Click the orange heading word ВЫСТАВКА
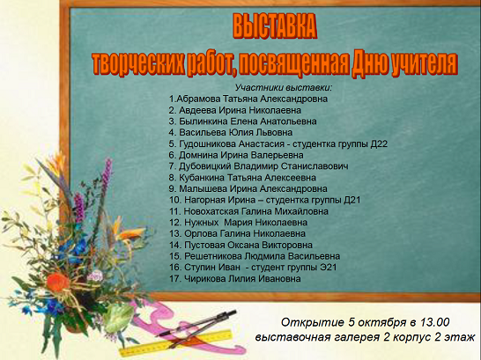(275, 26)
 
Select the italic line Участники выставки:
(284, 88)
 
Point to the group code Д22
(379, 143)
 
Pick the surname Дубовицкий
(205, 166)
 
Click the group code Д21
(351, 200)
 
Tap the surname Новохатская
(211, 211)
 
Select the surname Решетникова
(212, 256)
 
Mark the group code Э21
(329, 268)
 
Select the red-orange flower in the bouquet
(58, 282)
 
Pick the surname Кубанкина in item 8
(201, 178)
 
